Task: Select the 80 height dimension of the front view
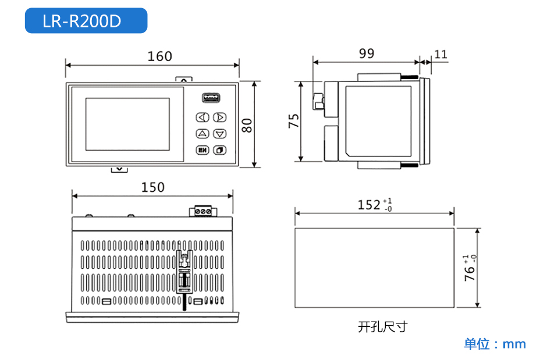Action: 247,126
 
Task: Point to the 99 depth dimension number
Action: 367,54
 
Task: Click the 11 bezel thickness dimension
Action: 441,55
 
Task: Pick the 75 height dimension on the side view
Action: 294,121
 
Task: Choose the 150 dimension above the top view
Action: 153,187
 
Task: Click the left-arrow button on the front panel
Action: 203,117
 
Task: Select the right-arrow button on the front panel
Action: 219,117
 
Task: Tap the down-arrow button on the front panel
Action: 219,134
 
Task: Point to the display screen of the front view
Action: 127,125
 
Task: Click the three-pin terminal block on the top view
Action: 203,211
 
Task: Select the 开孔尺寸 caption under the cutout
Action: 382,327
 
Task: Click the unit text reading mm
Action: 514,344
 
